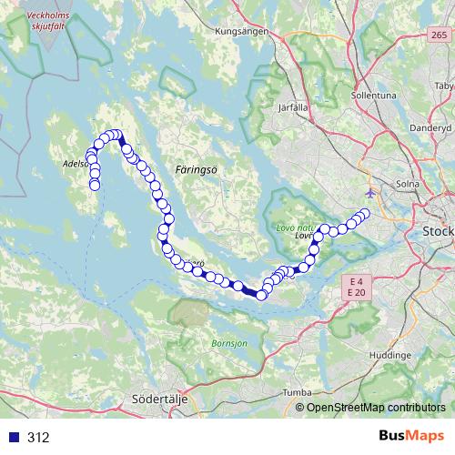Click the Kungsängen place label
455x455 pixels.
238,31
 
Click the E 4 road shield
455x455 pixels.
355,281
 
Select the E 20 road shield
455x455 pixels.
355,293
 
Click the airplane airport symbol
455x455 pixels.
369,194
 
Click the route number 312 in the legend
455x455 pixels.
37,438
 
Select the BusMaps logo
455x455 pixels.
413,438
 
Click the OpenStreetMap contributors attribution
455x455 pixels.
376,408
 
